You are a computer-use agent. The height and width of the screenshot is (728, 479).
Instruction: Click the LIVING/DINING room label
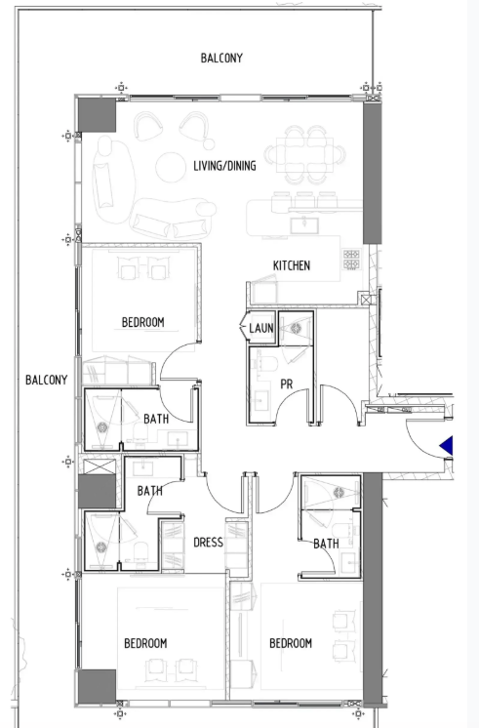[x=224, y=166]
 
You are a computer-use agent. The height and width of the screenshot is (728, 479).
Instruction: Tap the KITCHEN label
[x=292, y=265]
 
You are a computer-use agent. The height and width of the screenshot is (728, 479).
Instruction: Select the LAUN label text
[x=261, y=328]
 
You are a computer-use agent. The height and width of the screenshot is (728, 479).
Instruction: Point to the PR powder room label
[x=287, y=384]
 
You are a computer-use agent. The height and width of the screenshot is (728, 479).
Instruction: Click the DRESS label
[x=208, y=543]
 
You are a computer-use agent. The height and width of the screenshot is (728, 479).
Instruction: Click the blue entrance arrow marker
[x=447, y=446]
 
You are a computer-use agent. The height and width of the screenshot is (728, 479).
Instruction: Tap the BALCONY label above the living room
[x=221, y=58]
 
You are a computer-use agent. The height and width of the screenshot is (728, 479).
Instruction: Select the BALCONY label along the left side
[x=47, y=380]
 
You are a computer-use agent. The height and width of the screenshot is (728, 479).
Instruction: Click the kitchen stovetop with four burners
[x=351, y=260]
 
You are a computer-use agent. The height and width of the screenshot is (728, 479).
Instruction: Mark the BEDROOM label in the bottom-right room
[x=291, y=643]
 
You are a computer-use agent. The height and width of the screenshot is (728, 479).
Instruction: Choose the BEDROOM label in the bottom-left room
[x=145, y=643]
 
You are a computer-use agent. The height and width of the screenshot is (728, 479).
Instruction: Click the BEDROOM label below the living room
[x=143, y=322]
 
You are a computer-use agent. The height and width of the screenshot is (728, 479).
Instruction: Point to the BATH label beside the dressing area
[x=150, y=490]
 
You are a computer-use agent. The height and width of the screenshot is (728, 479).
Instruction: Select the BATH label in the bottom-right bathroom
[x=326, y=544]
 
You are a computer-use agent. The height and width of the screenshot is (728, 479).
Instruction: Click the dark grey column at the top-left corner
[x=97, y=115]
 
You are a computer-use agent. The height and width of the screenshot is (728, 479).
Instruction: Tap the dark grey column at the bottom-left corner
[x=97, y=686]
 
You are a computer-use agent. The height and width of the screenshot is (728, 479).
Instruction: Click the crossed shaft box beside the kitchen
[x=366, y=300]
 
